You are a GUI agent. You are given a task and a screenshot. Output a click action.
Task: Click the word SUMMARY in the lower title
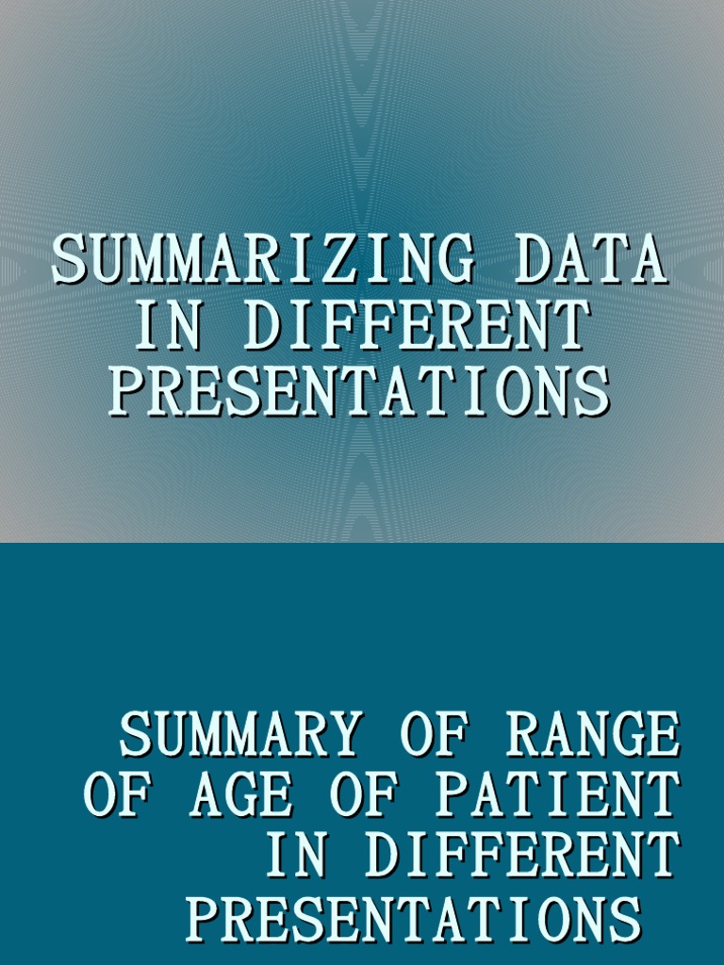[239, 735]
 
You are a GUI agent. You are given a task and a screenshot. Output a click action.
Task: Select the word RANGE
[592, 735]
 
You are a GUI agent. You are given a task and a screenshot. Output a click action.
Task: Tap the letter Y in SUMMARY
[345, 735]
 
